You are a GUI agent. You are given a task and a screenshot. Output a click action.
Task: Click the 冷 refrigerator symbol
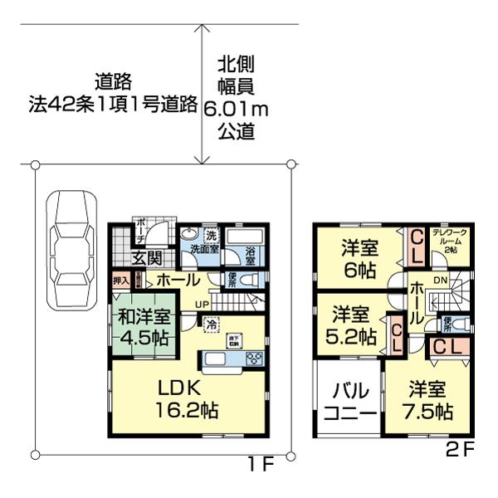212,324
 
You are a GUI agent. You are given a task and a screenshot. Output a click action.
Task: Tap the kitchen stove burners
254,359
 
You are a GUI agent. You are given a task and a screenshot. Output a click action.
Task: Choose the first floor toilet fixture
249,279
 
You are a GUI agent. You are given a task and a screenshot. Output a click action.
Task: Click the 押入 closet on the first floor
121,281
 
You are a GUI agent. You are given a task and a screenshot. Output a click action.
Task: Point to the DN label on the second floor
442,281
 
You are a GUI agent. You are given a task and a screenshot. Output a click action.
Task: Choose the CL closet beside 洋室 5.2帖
397,336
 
